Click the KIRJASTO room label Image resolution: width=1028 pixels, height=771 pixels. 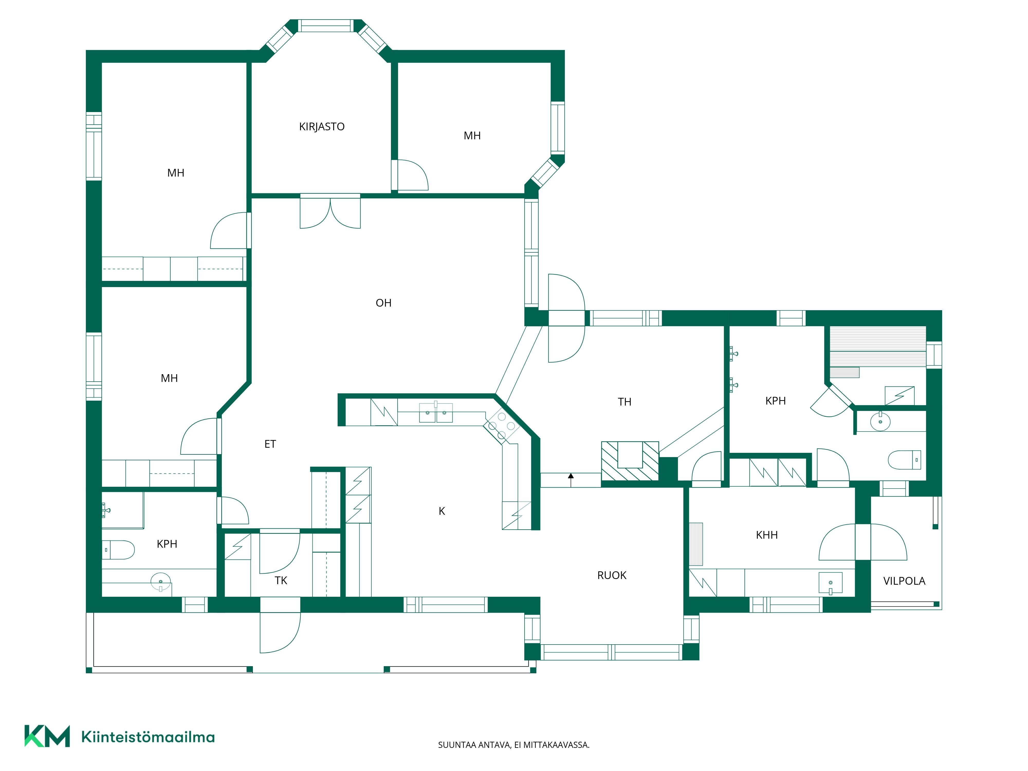[322, 126]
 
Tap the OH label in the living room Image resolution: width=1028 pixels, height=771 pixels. [383, 303]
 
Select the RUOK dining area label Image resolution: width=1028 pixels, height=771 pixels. [612, 575]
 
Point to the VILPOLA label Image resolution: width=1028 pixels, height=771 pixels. [904, 581]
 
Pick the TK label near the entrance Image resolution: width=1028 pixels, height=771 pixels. [281, 581]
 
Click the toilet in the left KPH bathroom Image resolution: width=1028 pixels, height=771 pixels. [118, 550]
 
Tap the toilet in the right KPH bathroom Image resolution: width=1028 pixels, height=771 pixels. [904, 460]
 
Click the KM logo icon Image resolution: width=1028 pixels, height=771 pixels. [47, 736]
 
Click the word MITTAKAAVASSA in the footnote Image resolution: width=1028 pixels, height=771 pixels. [556, 745]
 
